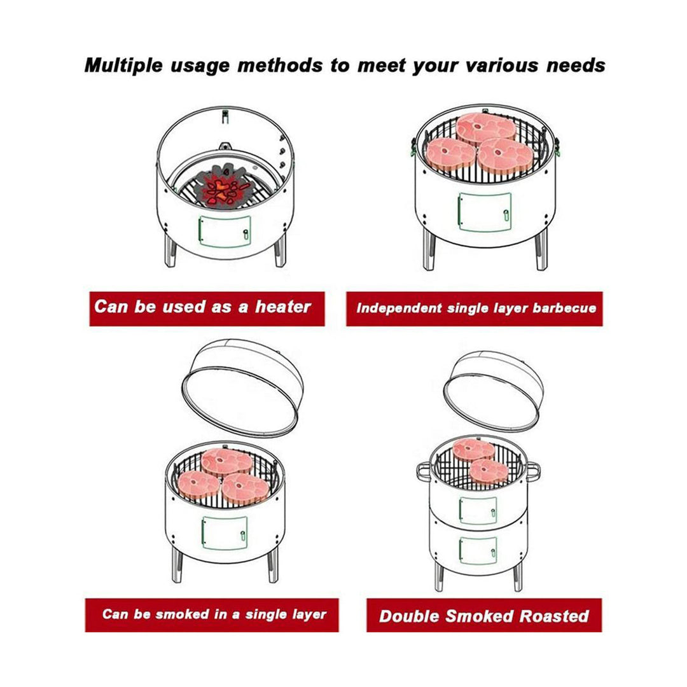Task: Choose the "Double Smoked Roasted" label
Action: (x=483, y=615)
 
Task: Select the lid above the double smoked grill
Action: (x=494, y=389)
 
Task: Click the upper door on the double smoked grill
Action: (x=478, y=510)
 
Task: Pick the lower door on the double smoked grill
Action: (x=478, y=548)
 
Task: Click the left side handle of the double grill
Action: (x=424, y=473)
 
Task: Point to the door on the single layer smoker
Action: (x=224, y=532)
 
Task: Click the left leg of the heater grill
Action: (x=169, y=252)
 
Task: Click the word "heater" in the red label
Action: (x=283, y=307)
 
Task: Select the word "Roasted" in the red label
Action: (x=554, y=615)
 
